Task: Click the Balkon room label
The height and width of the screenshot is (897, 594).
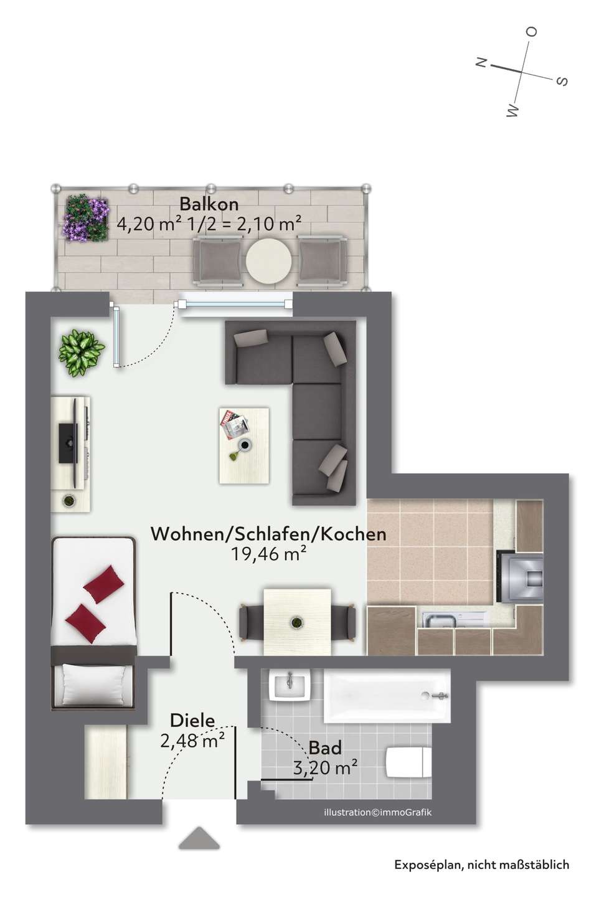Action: click(209, 204)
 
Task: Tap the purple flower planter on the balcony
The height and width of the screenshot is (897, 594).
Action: click(86, 218)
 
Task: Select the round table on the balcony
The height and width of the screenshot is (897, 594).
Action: click(268, 262)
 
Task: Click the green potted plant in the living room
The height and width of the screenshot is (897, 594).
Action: click(81, 353)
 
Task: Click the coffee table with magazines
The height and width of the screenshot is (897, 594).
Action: click(244, 445)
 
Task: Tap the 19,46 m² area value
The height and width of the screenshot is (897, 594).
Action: click(268, 554)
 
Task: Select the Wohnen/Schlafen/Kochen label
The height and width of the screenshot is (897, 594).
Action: click(268, 534)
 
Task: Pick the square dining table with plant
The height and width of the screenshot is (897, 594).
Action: click(297, 622)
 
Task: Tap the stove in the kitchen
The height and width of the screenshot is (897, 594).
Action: click(520, 577)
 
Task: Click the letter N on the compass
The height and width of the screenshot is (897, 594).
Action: click(481, 62)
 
